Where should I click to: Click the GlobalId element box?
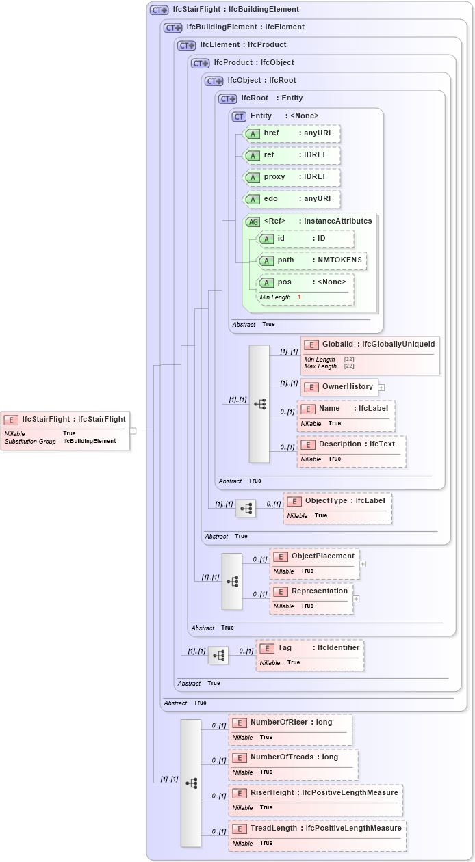click(x=370, y=355)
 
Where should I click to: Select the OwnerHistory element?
click(x=339, y=387)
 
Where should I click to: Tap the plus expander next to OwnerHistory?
click(x=382, y=388)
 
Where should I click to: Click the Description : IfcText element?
click(x=351, y=451)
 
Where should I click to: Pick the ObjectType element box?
click(x=337, y=508)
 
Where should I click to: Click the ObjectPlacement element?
click(x=314, y=563)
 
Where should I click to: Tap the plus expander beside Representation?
click(x=356, y=599)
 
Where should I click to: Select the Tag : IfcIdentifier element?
click(x=309, y=655)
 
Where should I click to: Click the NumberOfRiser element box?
click(x=290, y=729)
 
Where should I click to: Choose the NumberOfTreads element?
click(x=293, y=764)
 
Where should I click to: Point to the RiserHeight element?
click(x=315, y=800)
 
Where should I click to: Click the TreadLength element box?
click(x=317, y=835)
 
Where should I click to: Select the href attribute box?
click(x=292, y=133)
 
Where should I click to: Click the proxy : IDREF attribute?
click(x=292, y=177)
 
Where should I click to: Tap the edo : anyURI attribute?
click(x=292, y=199)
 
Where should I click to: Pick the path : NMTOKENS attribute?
click(x=312, y=260)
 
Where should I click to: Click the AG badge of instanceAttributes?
click(x=253, y=221)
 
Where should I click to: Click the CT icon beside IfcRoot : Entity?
click(x=227, y=98)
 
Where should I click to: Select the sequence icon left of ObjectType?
click(x=245, y=509)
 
